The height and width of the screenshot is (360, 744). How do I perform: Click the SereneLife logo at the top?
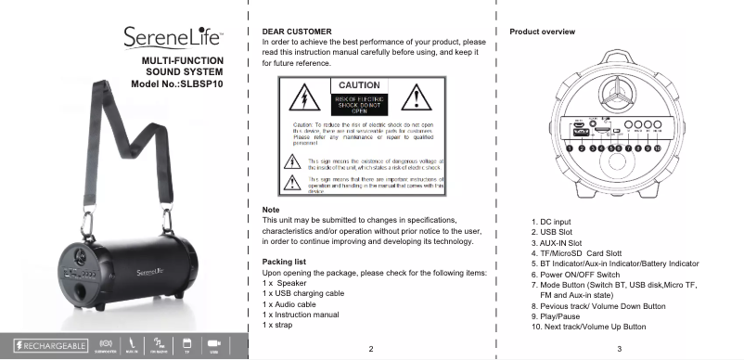tap(173, 38)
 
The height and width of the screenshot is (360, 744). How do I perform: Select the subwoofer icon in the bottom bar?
tap(107, 343)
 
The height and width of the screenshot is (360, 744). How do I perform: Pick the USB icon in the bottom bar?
tap(214, 343)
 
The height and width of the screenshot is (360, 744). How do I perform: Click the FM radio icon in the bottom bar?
tap(160, 343)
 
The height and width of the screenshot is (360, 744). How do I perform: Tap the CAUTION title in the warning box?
tap(358, 85)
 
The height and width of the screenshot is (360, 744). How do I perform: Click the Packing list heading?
tap(290, 263)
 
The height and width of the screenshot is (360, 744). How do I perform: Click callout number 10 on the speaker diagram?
tap(657, 147)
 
